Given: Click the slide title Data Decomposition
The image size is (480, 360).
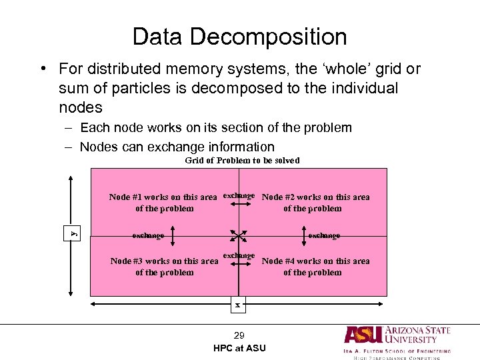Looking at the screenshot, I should (239, 37).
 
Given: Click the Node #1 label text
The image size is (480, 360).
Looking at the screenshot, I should (163, 203).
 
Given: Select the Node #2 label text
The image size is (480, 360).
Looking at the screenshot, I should (315, 203).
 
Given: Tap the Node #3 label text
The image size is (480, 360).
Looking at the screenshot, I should (164, 267).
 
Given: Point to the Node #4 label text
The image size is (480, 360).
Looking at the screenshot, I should (315, 267).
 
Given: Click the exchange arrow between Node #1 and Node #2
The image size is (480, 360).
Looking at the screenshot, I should (239, 207).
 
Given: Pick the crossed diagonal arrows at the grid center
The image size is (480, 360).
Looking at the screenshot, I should (239, 235).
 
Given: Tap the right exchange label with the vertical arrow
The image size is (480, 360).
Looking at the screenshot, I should (324, 235).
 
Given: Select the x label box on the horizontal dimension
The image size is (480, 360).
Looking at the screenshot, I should (237, 305).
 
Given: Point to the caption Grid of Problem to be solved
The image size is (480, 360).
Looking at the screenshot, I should (242, 161).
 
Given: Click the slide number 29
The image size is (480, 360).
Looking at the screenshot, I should (239, 335).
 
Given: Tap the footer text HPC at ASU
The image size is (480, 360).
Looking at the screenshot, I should (239, 348).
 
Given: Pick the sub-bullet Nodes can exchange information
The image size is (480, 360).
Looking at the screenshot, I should (177, 147).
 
